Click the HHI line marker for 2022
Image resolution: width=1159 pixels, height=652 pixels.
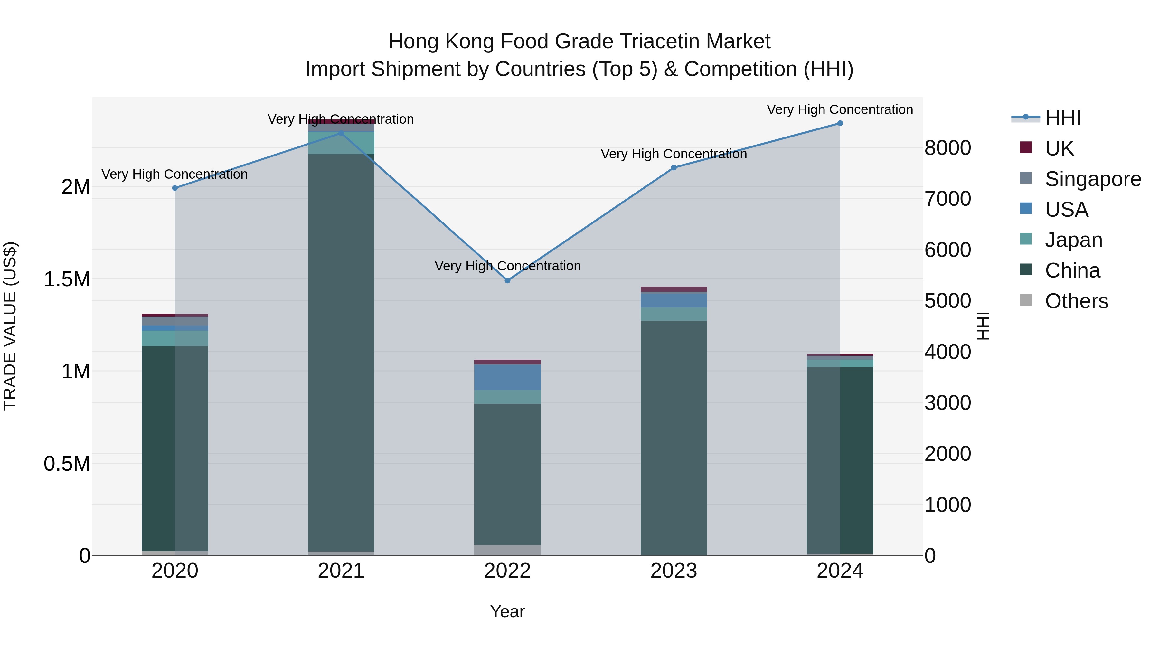(x=507, y=280)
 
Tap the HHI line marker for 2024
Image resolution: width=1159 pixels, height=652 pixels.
(x=840, y=123)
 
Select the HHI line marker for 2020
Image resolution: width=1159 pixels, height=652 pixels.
(x=175, y=188)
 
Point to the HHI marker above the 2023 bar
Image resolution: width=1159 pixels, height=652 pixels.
(x=674, y=168)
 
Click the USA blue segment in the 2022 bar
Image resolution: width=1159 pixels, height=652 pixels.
(x=507, y=377)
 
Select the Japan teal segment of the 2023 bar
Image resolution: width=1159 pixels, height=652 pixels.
(x=674, y=314)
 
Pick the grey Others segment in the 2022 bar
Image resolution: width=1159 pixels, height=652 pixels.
(x=507, y=550)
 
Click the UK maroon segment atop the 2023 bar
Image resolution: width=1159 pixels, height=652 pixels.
(x=674, y=289)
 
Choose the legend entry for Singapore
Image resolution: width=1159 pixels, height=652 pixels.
(x=1092, y=179)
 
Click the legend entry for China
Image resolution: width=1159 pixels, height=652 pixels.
(x=1072, y=271)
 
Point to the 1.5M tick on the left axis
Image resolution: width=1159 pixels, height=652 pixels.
(x=67, y=279)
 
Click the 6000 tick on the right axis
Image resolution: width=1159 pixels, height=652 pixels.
(x=947, y=250)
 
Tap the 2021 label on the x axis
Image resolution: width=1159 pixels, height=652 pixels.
(x=341, y=571)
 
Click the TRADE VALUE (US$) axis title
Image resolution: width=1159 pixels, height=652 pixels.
(x=10, y=326)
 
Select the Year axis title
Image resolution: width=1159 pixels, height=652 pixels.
(x=507, y=611)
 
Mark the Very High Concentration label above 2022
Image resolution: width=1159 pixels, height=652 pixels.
(x=507, y=266)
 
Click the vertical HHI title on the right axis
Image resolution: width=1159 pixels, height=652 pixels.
(x=984, y=326)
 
